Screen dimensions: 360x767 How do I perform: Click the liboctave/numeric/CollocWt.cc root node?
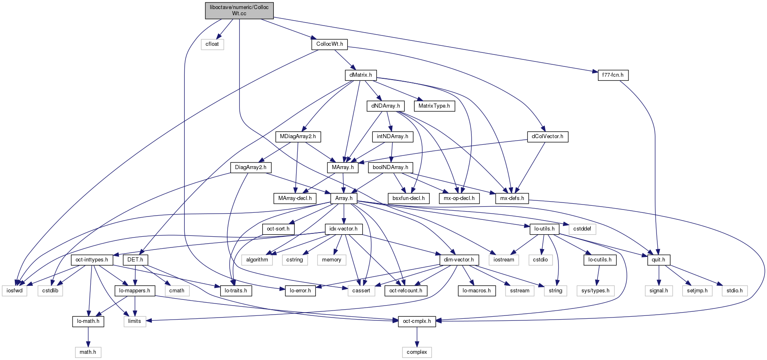239,10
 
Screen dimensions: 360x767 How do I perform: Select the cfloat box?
212,44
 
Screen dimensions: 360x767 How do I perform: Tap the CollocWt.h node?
329,44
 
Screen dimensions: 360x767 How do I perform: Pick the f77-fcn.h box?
613,75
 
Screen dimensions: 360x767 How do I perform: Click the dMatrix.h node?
360,75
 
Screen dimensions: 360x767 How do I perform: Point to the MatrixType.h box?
434,106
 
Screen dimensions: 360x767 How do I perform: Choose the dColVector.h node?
547,136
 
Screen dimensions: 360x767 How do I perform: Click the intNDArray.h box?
392,136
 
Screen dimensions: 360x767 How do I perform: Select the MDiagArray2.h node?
298,136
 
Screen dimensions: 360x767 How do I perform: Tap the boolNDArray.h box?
390,167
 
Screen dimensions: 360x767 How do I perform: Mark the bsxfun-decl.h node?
408,198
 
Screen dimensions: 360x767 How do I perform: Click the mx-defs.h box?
512,198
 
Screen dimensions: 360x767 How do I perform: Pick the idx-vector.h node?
344,229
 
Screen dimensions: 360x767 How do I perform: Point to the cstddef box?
582,229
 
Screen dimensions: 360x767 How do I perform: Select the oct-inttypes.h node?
92,260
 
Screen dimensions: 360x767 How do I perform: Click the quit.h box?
658,260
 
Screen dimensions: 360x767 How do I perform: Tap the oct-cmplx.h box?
417,321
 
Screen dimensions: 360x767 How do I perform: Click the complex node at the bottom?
416,352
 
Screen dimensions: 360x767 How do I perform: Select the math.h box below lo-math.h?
88,352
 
